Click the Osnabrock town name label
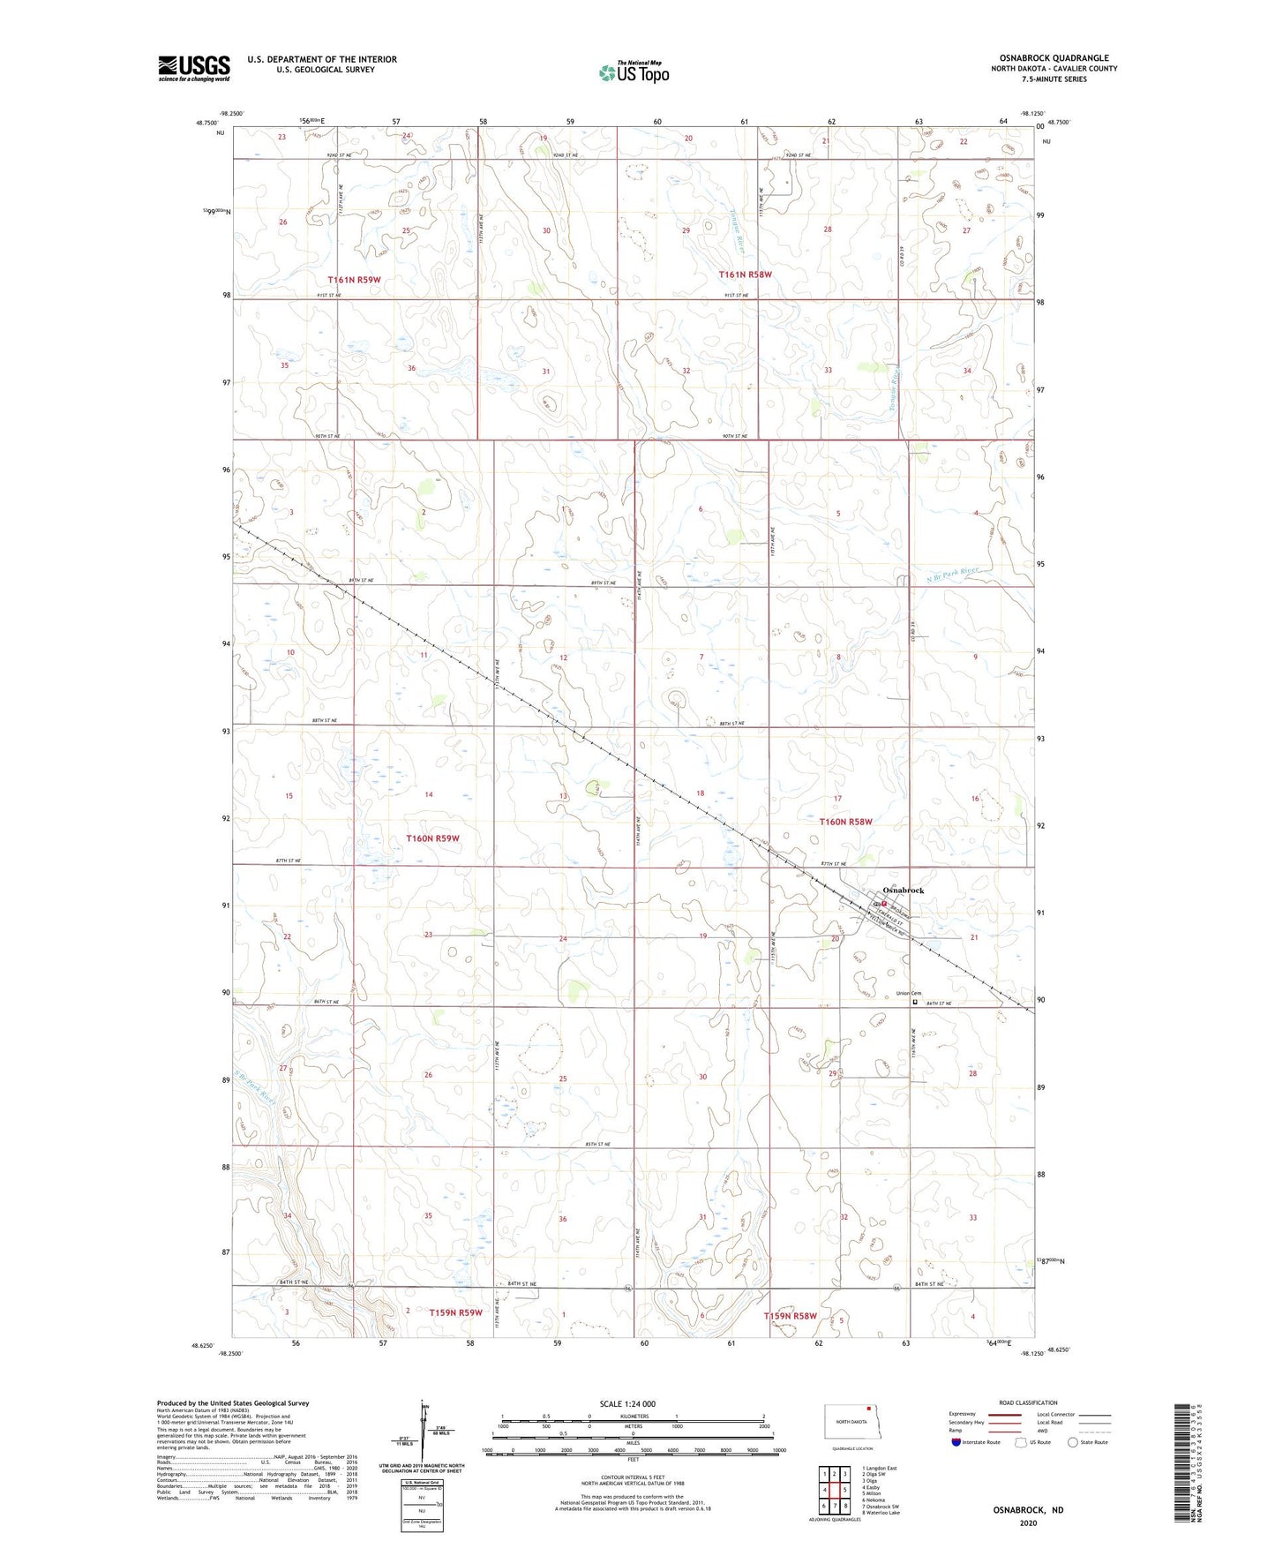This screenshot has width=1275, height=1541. pyautogui.click(x=904, y=890)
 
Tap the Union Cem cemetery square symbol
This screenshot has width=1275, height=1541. pyautogui.click(x=915, y=1002)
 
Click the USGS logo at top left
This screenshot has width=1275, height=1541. pyautogui.click(x=194, y=68)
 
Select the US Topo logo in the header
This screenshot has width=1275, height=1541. pyautogui.click(x=634, y=72)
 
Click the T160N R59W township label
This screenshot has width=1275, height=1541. pyautogui.click(x=432, y=838)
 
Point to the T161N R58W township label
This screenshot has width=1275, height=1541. pyautogui.click(x=746, y=274)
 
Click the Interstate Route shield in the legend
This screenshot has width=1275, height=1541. pyautogui.click(x=956, y=1442)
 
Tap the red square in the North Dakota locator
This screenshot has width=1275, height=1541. pyautogui.click(x=868, y=1409)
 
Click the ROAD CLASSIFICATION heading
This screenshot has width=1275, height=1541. pyautogui.click(x=1028, y=1402)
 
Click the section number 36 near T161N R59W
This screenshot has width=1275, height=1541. pyautogui.click(x=411, y=368)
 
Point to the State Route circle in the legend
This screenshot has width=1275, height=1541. pyautogui.click(x=1073, y=1442)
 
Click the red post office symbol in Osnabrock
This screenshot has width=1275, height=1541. pyautogui.click(x=883, y=904)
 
